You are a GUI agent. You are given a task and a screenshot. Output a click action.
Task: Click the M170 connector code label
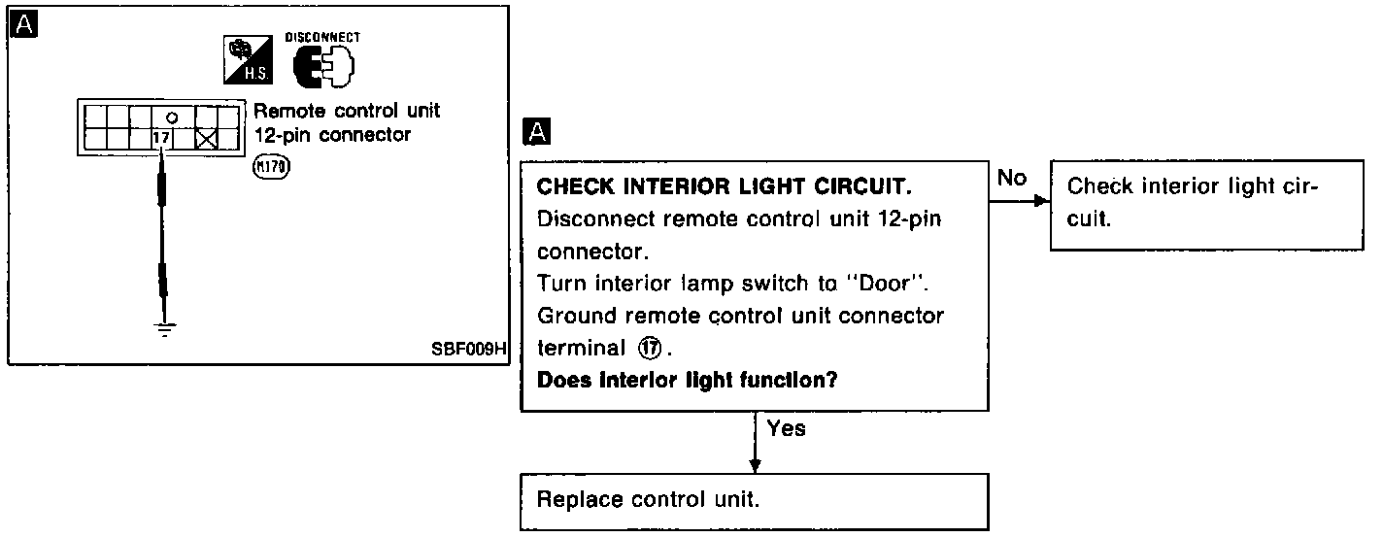pyautogui.click(x=271, y=167)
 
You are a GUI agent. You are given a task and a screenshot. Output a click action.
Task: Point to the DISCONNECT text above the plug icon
pyautogui.click(x=321, y=37)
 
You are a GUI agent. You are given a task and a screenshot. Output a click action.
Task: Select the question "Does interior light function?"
pyautogui.click(x=688, y=380)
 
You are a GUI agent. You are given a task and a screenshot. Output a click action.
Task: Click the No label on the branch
pyautogui.click(x=1011, y=178)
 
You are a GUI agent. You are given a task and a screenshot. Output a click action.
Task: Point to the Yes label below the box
pyautogui.click(x=786, y=427)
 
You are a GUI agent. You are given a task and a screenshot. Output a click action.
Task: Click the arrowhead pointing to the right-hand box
pyautogui.click(x=1042, y=201)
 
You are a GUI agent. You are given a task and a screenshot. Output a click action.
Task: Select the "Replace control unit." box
pyautogui.click(x=755, y=501)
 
